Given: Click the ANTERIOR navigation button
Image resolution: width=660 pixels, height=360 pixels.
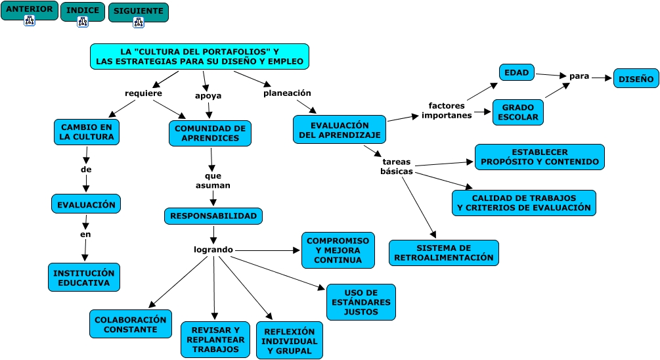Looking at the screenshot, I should pos(29,9).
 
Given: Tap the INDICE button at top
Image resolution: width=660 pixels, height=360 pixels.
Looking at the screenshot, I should pos(83,10).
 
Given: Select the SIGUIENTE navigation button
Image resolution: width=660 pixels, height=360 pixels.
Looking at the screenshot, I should pos(138,11).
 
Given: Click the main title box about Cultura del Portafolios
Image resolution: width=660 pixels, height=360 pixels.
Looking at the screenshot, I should pos(199,56).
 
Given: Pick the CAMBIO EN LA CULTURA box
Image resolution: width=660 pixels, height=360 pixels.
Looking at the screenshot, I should pos(86,132).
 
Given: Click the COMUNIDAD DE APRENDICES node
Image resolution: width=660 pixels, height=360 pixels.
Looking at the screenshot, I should pos(209,133).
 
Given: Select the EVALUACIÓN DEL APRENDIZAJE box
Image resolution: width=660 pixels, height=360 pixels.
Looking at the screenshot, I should pos(340,130).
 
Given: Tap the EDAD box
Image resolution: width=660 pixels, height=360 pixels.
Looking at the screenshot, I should pos(517,72).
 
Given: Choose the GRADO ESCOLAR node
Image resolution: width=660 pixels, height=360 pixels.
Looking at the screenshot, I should pos(517,112).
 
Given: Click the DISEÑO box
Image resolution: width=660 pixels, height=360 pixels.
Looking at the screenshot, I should pos(636,79).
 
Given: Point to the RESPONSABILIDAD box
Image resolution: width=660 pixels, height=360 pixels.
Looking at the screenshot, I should pos(213,216).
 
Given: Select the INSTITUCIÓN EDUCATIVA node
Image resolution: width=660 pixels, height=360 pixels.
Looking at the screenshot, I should pos(84,278).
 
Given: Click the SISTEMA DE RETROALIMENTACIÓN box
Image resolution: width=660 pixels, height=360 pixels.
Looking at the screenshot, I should pos(443,253).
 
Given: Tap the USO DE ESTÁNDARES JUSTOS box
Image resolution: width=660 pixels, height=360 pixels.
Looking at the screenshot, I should pos(361,302).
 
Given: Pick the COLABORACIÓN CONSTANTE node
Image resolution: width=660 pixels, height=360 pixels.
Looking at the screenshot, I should pos(131,324).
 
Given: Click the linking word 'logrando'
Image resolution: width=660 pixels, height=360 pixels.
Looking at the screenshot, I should pos(213,250).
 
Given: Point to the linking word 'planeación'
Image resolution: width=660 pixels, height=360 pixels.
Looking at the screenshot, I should pos(287,93).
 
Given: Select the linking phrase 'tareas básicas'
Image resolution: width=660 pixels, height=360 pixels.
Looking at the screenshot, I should pos(397,166).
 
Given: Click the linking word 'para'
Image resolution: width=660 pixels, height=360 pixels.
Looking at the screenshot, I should pos(579,76).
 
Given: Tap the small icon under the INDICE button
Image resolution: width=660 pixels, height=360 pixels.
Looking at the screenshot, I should pos(83,22).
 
